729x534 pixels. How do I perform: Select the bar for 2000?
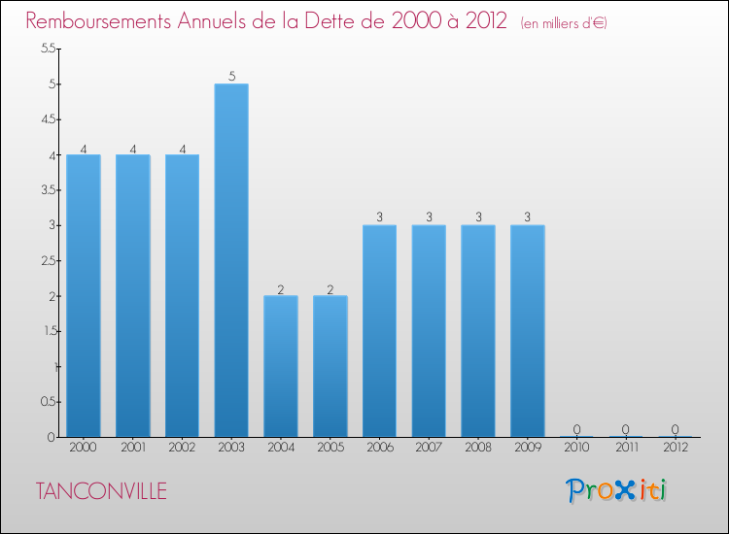coord(83,296)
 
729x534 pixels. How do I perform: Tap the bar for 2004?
coord(281,366)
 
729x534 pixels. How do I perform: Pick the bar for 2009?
coord(528,331)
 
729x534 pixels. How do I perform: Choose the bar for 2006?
coord(379,331)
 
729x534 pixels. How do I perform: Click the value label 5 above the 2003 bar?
coord(231,77)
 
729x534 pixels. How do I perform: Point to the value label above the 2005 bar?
coord(330,288)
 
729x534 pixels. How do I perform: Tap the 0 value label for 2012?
coord(676,429)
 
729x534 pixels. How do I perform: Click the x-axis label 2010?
coord(576,448)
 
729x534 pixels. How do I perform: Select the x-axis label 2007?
coord(429,448)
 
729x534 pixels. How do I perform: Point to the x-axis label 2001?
coord(132,448)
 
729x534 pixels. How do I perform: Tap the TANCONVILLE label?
coord(102,491)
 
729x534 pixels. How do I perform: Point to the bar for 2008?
coord(478,331)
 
